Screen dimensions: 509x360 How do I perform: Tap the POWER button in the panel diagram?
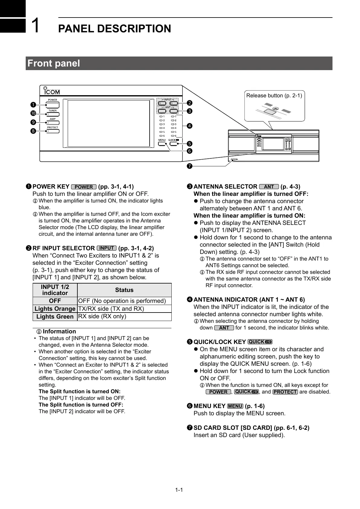pyautogui.click(x=53, y=105)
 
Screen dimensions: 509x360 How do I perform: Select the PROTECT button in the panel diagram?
pyautogui.click(x=53, y=131)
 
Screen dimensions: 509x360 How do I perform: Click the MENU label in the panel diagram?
pyautogui.click(x=162, y=140)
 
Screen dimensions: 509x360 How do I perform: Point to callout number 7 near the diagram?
pyautogui.click(x=190, y=166)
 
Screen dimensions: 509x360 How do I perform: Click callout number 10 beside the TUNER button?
pyautogui.click(x=33, y=113)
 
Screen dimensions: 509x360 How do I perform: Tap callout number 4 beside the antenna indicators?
pyautogui.click(x=190, y=125)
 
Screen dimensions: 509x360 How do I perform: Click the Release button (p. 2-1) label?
pyautogui.click(x=274, y=96)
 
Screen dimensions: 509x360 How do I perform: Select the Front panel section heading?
pyautogui.click(x=54, y=63)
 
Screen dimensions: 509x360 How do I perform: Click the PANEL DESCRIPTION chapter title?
pyautogui.click(x=114, y=29)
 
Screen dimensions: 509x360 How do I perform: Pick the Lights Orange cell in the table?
pyautogui.click(x=55, y=309)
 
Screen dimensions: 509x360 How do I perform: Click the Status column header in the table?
pyautogui.click(x=124, y=290)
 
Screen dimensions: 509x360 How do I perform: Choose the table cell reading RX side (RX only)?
pyautogui.click(x=102, y=316)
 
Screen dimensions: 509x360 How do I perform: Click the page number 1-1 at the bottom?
pyautogui.click(x=179, y=490)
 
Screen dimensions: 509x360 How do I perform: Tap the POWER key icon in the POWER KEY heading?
pyautogui.click(x=84, y=187)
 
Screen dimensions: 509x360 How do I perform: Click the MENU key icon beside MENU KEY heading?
pyautogui.click(x=235, y=406)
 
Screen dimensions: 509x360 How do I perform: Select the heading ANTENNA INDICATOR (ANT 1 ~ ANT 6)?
pyautogui.click(x=249, y=300)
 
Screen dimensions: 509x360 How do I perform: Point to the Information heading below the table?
pyautogui.click(x=59, y=332)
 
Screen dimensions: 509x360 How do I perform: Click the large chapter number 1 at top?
pyautogui.click(x=36, y=25)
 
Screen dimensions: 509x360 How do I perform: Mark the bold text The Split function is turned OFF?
pyautogui.click(x=81, y=405)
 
